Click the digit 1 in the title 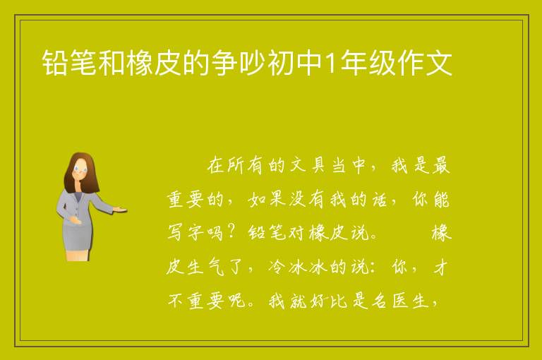pos(331,63)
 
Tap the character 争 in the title pos(224,63)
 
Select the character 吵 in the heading pos(253,63)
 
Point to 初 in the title pos(281,63)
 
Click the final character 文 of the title pos(439,63)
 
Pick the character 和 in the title pos(112,63)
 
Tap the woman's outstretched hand pos(120,209)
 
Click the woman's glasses pos(80,169)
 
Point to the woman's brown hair pos(82,172)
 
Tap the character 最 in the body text pos(440,165)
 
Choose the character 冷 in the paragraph pos(277,267)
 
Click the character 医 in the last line pos(399,301)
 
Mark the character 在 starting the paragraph pos(216,165)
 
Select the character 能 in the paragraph pos(440,199)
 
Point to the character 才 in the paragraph pos(440,267)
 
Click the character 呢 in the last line pos(237,301)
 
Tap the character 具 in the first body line pos(318,165)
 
